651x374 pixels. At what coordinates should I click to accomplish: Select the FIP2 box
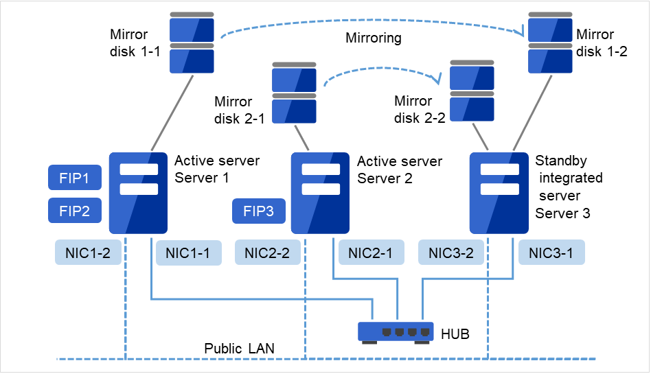point(75,211)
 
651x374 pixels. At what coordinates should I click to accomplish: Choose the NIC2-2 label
point(267,253)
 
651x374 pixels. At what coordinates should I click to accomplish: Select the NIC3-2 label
point(451,253)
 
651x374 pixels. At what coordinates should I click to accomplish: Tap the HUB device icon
point(396,331)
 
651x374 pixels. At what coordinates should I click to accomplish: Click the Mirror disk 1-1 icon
point(192,43)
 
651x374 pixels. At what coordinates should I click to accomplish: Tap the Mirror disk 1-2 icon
point(550,43)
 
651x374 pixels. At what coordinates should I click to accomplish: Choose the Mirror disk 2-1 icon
point(294,93)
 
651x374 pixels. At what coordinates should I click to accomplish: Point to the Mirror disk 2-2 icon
point(472,91)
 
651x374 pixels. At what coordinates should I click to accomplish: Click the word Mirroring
point(373,38)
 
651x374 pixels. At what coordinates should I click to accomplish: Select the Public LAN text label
point(239,349)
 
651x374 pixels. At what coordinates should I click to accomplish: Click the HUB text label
point(456,334)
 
